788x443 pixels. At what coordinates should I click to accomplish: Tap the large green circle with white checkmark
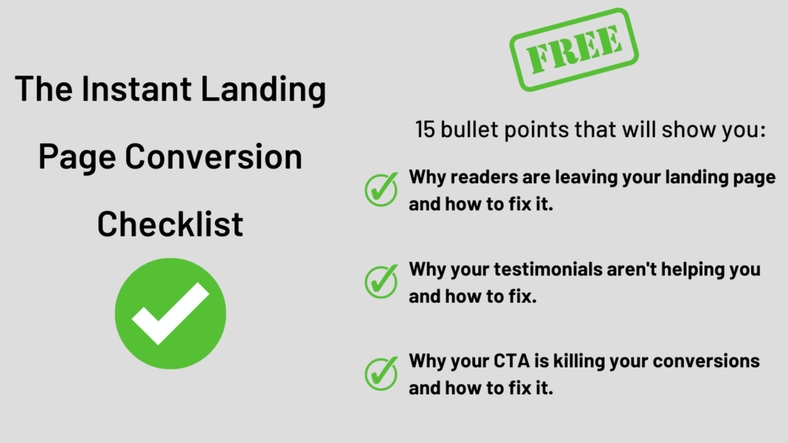pyautogui.click(x=170, y=313)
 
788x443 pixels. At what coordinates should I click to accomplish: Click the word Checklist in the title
pyautogui.click(x=170, y=223)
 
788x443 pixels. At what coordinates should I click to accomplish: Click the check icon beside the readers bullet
pyautogui.click(x=381, y=189)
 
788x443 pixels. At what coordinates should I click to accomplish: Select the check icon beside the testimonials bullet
pyautogui.click(x=381, y=281)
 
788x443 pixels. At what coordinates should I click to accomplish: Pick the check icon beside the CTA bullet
pyautogui.click(x=381, y=372)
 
